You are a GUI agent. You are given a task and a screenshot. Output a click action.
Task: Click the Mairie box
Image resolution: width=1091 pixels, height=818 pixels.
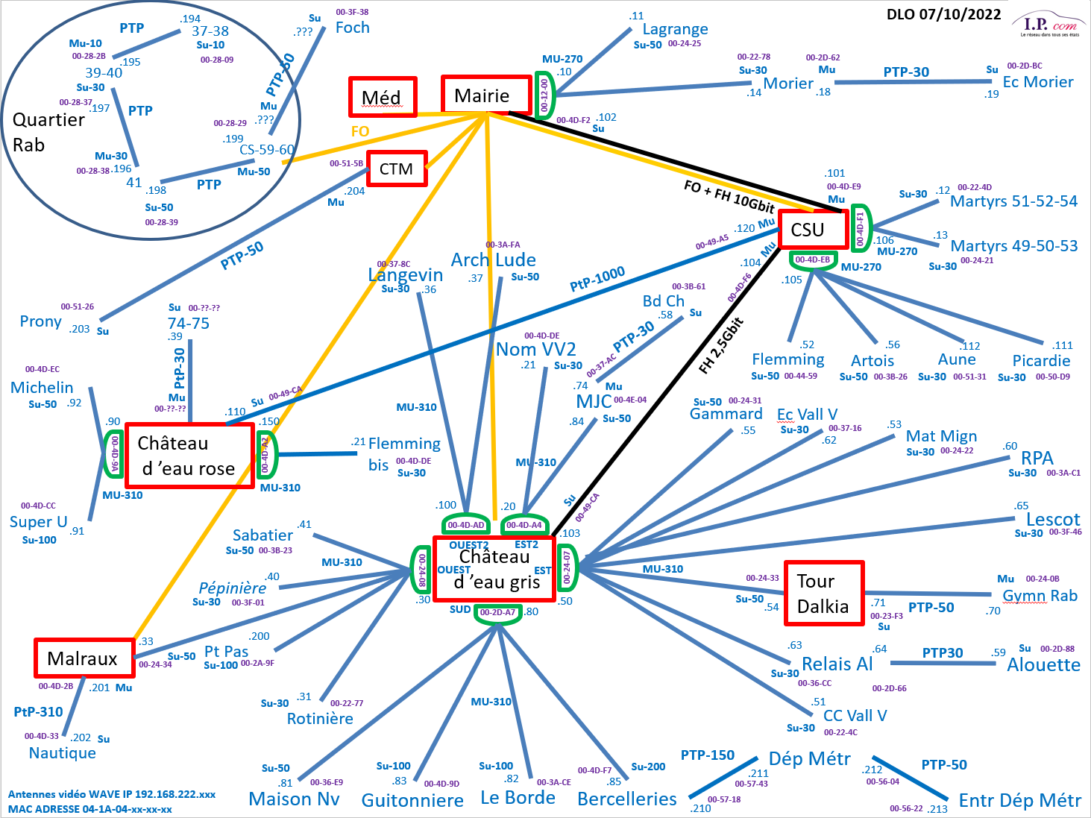485,95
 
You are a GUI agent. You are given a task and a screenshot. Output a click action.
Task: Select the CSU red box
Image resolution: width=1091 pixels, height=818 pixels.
812,230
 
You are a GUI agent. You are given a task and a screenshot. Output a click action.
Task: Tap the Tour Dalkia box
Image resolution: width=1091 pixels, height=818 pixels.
823,594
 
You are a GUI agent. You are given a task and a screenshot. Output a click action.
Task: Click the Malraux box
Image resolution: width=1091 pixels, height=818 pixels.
84,658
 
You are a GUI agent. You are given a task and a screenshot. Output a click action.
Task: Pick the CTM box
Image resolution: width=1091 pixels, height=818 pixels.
396,169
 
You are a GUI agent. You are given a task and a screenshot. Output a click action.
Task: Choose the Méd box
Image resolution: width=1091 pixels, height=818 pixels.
382,98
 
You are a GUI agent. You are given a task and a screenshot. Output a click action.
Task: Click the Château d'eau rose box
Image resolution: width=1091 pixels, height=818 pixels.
189,456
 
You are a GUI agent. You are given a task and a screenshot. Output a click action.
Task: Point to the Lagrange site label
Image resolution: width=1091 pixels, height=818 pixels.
675,29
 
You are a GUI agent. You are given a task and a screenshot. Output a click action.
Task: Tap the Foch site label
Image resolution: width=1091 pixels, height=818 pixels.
352,28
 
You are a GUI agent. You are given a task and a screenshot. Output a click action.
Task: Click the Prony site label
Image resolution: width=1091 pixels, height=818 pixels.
40,321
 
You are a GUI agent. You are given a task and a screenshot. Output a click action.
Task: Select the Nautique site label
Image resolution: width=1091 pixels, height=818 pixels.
63,753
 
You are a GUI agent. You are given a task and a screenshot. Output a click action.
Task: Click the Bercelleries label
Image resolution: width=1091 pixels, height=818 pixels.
626,799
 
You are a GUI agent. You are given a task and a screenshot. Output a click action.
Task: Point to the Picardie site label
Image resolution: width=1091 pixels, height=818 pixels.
1041,361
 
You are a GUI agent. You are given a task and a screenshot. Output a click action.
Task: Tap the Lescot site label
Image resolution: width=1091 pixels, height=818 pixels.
1053,520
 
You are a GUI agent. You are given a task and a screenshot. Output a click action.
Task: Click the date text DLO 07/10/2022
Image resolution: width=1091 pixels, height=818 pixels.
943,14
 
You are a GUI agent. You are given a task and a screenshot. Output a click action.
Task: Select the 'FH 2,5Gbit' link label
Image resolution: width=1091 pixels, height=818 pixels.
721,345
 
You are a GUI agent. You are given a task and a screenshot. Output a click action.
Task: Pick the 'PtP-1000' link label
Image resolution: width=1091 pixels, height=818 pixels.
597,279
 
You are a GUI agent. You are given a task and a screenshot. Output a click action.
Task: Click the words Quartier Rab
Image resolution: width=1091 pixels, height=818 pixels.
48,132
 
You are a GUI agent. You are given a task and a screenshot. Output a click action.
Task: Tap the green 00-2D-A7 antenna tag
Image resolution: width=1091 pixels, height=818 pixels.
497,613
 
